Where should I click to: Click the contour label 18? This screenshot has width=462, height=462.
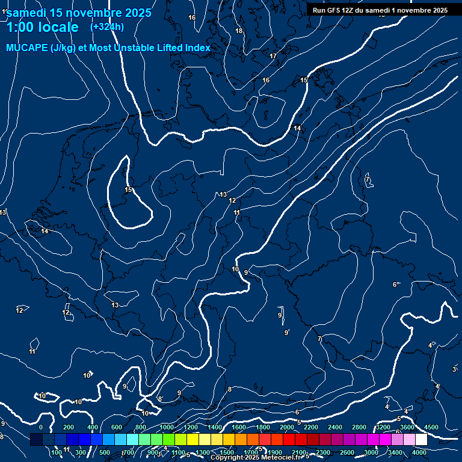click(x=239, y=31)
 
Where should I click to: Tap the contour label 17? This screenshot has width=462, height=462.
click(x=273, y=56)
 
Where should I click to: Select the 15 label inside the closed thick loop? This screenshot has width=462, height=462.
click(x=128, y=190)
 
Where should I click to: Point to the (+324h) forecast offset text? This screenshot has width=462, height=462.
click(x=107, y=26)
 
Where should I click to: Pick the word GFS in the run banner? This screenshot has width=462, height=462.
click(x=336, y=10)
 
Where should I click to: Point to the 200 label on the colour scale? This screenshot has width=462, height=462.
click(x=69, y=427)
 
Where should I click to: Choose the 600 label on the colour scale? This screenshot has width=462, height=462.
click(x=117, y=427)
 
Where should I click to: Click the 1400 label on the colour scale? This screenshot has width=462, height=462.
click(x=215, y=427)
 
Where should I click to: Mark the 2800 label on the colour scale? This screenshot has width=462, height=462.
click(x=359, y=427)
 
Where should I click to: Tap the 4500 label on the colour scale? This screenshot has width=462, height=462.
click(x=431, y=427)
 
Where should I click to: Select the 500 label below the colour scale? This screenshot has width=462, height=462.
click(x=105, y=452)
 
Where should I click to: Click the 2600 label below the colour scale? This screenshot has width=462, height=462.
click(x=347, y=452)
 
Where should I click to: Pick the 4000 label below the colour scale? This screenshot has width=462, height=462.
click(x=419, y=452)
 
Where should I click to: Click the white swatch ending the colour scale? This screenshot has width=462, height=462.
click(x=421, y=440)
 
